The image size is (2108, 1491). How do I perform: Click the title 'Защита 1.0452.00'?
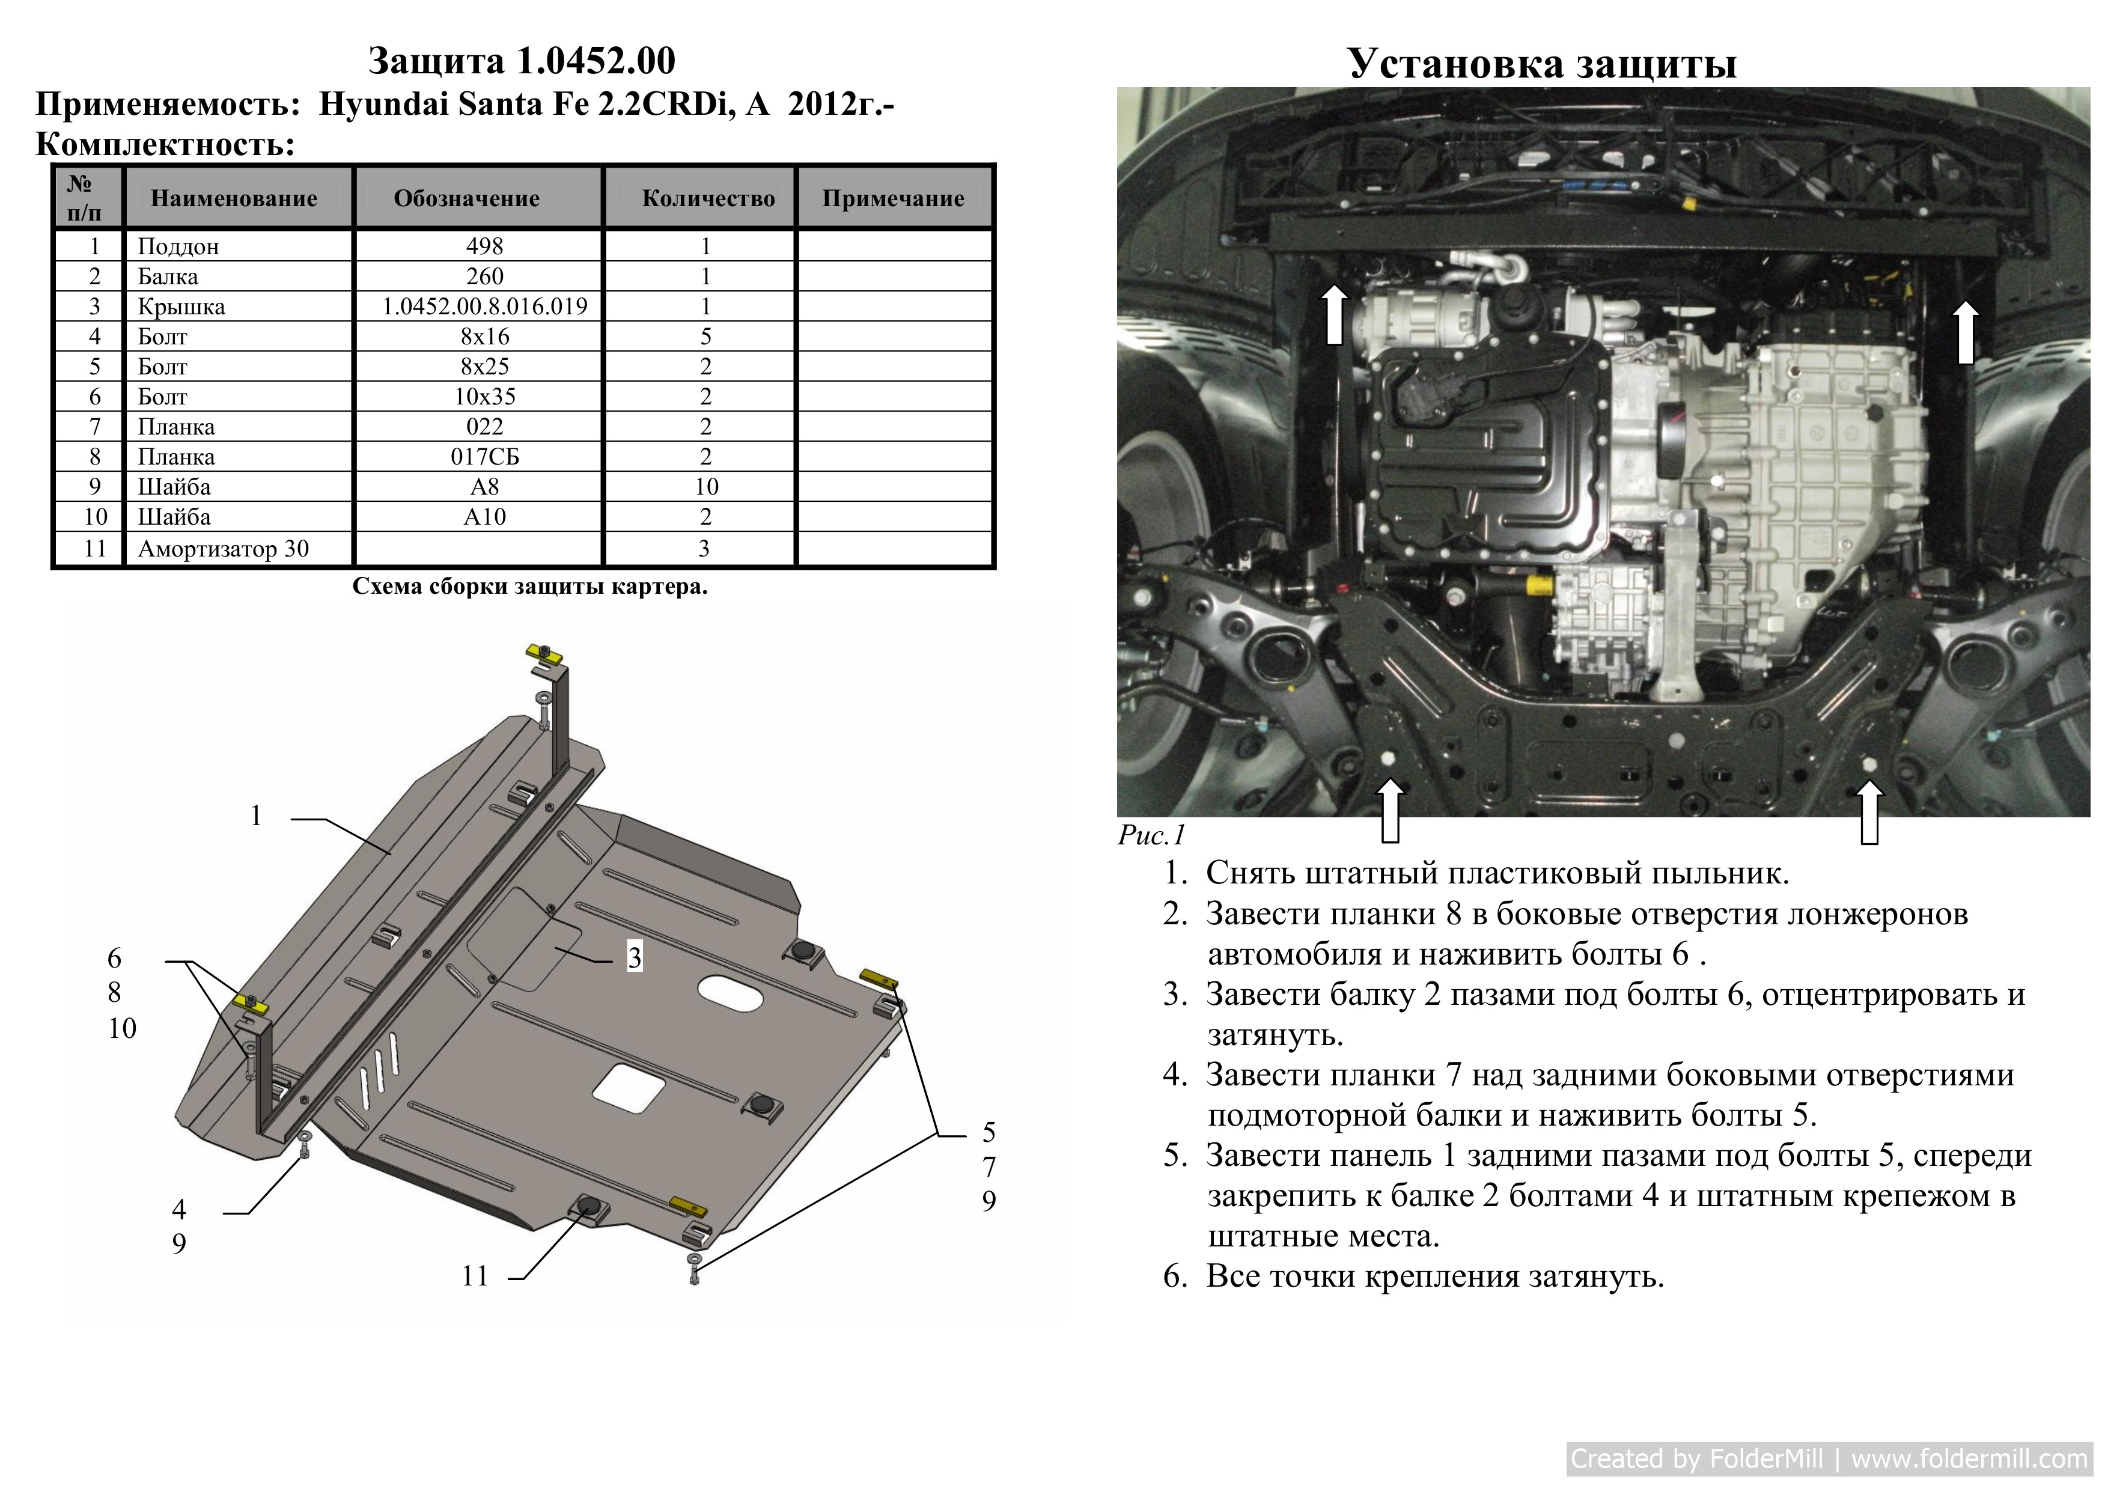[522, 61]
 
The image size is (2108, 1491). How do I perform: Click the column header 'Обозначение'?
[466, 198]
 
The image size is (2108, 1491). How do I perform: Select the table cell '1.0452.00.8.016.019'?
[485, 306]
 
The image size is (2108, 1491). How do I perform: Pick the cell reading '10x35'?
[485, 397]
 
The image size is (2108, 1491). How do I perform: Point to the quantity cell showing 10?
[706, 487]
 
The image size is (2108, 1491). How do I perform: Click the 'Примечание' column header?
[894, 198]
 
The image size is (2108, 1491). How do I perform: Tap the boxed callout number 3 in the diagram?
[635, 957]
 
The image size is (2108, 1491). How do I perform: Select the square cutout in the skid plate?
[629, 1090]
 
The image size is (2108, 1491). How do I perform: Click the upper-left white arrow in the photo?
[1335, 313]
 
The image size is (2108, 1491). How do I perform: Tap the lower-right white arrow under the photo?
[1869, 811]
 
